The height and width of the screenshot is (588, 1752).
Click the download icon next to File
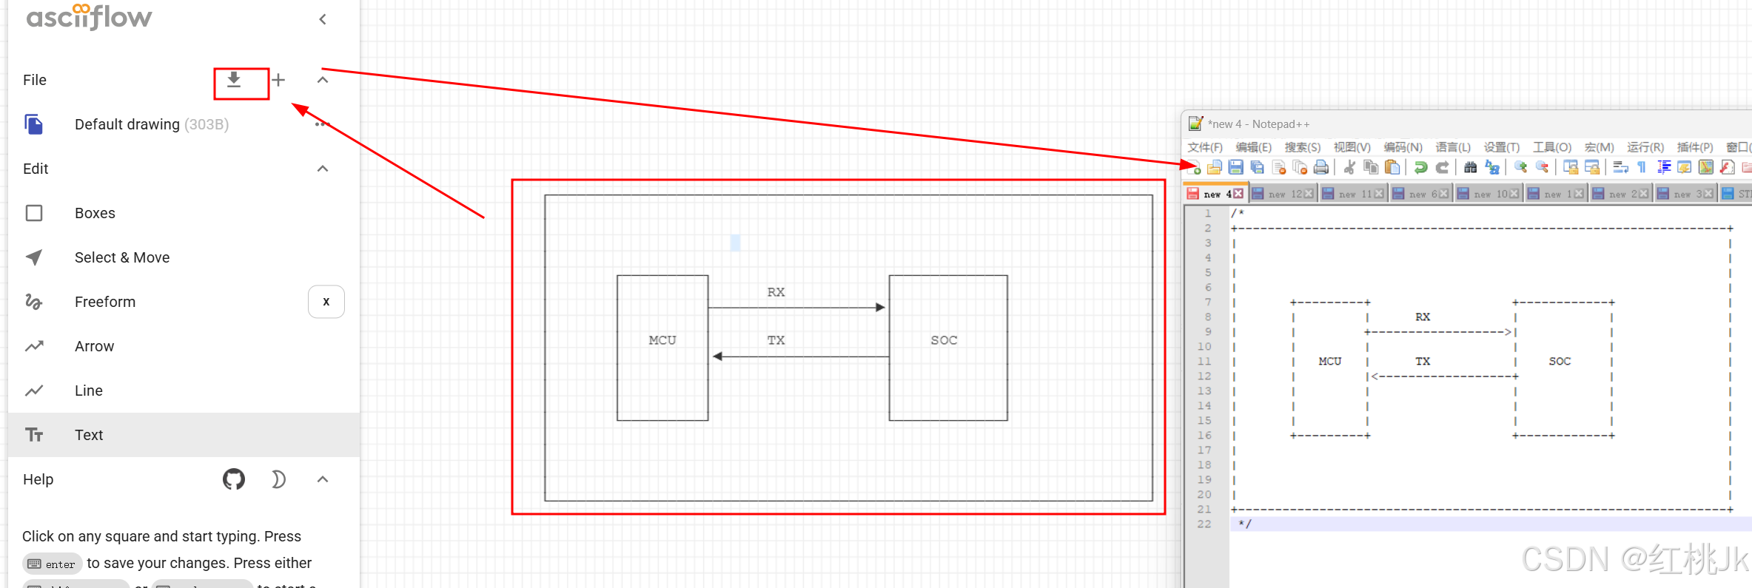point(234,80)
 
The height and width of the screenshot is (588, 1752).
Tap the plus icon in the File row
point(278,80)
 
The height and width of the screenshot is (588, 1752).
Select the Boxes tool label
point(95,213)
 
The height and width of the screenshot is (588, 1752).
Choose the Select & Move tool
point(121,257)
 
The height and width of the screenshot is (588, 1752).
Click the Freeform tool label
point(105,302)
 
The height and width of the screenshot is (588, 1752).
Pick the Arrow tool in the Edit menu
point(94,346)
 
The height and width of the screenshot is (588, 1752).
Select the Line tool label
point(89,391)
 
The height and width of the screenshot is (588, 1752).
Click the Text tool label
point(89,435)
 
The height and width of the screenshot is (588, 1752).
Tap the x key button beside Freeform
point(326,302)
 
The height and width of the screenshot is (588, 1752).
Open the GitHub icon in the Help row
point(234,479)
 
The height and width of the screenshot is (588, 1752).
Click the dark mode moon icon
point(278,479)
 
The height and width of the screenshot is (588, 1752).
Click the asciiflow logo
point(89,17)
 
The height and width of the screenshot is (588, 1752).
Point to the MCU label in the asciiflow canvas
point(662,340)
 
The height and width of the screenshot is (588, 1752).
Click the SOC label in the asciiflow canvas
point(944,340)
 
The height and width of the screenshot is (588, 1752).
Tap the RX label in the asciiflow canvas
point(776,292)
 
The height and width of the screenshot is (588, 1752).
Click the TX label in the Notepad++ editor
point(1423,362)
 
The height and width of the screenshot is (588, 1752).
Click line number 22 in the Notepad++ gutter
point(1204,524)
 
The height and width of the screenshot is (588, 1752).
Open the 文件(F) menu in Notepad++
point(1204,147)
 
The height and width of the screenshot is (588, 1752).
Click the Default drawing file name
point(127,124)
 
